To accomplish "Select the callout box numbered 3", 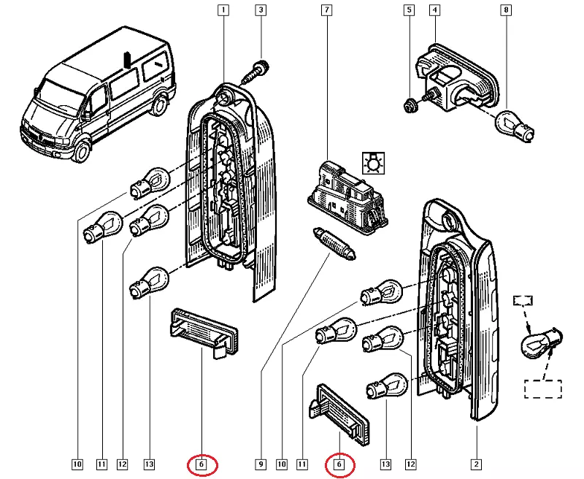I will [x=260, y=10].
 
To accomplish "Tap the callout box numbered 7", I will [x=326, y=10].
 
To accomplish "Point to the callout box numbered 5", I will [x=409, y=10].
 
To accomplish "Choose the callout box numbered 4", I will [x=434, y=10].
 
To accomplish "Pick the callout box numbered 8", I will [x=505, y=10].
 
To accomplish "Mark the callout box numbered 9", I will [x=259, y=463].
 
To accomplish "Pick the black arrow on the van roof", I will [x=126, y=59].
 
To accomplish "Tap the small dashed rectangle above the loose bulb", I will [x=524, y=300].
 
